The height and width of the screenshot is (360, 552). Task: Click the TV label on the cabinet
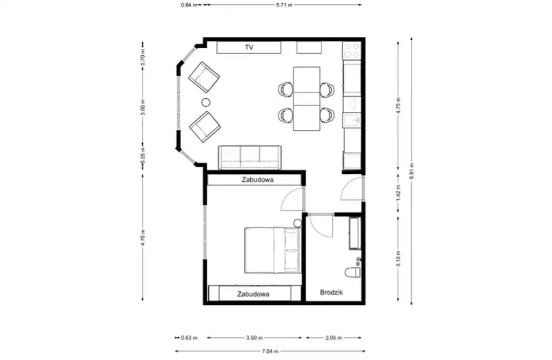tap(249, 47)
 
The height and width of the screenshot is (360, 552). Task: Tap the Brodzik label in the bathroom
tap(331, 292)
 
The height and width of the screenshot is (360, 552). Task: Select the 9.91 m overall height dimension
tap(411, 171)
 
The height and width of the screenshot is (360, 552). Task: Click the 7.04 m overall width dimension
tap(271, 351)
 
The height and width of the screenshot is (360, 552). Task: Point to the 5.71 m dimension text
tap(285, 5)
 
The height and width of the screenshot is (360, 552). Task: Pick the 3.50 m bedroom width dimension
tap(254, 338)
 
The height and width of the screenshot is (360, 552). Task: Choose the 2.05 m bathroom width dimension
tap(333, 338)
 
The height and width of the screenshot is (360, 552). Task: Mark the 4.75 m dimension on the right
tap(398, 105)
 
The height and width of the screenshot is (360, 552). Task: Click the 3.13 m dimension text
tap(398, 259)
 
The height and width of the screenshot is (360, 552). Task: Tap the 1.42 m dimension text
tap(398, 193)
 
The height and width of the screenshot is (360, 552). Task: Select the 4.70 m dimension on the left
tap(143, 238)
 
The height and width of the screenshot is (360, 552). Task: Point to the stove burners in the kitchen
tap(352, 50)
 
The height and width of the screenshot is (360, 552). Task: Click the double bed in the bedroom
tap(273, 250)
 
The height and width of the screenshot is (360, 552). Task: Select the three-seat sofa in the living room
tap(250, 157)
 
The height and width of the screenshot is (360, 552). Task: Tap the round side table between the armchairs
tap(206, 102)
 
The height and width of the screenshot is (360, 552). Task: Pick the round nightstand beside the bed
tap(298, 223)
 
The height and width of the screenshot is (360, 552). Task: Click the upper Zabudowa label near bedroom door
tap(257, 180)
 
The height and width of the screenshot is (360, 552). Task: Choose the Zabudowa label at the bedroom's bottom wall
tap(253, 294)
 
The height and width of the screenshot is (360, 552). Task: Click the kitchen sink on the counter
tap(352, 120)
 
